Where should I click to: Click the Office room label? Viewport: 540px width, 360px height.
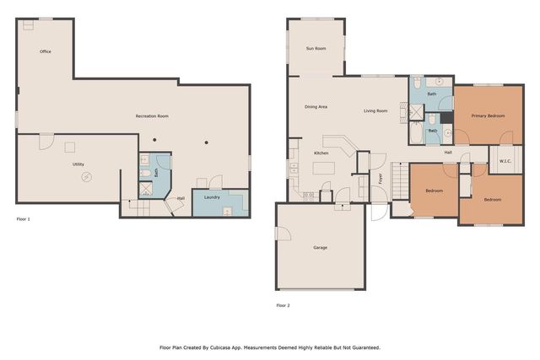click(x=46, y=51)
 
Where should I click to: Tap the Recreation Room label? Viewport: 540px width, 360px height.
click(x=152, y=116)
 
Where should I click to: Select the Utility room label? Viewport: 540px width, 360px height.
click(x=78, y=164)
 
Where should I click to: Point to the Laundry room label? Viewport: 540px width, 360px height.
click(x=212, y=197)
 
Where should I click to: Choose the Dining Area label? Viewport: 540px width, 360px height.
click(x=316, y=107)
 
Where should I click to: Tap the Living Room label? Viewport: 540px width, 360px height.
click(x=375, y=110)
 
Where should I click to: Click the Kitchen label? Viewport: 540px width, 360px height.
click(x=321, y=153)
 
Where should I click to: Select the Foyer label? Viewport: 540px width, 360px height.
click(x=380, y=179)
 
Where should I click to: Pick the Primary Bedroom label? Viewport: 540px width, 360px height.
click(x=488, y=116)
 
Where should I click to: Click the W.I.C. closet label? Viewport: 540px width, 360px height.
click(x=505, y=161)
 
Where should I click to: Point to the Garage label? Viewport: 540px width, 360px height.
click(x=321, y=247)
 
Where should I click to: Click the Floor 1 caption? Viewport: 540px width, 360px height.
click(x=24, y=219)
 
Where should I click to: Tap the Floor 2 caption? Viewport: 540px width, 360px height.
click(x=283, y=305)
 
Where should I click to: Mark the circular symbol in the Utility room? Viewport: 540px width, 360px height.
click(x=85, y=177)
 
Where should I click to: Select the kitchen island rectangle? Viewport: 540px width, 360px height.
click(x=324, y=169)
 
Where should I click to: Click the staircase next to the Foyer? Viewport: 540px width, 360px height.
click(x=364, y=185)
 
